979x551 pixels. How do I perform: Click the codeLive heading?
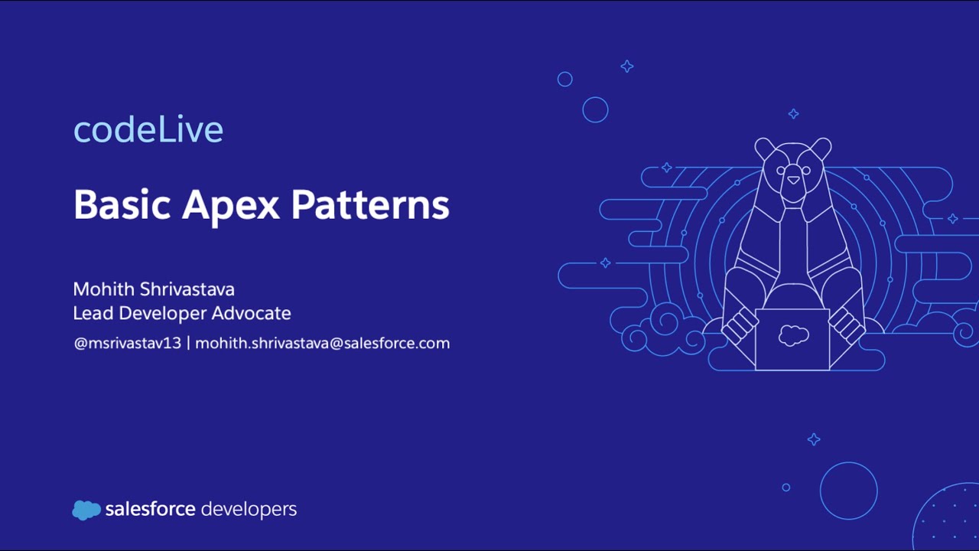tap(148, 130)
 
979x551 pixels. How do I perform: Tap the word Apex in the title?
tap(230, 205)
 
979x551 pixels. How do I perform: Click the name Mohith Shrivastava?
tap(154, 289)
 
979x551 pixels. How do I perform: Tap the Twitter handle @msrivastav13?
tap(127, 343)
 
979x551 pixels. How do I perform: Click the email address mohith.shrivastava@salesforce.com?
tap(323, 343)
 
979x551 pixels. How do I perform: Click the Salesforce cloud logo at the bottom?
tap(86, 510)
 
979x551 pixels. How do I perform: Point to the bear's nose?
tap(793, 181)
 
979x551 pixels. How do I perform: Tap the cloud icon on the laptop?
tap(793, 334)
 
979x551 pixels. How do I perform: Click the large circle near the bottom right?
tap(848, 491)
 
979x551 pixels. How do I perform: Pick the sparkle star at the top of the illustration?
tap(627, 67)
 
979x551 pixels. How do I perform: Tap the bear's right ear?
tap(821, 148)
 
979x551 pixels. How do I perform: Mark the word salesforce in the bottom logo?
tap(151, 509)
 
